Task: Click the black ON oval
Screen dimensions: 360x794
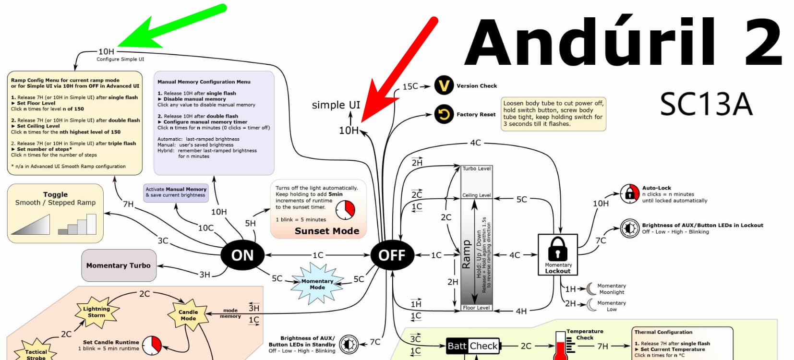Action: click(x=242, y=255)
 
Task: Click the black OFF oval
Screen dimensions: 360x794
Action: click(x=392, y=255)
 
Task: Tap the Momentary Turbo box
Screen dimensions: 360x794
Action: click(x=119, y=265)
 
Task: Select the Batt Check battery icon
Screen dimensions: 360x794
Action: click(x=473, y=346)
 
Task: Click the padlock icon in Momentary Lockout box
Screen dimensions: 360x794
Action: click(x=557, y=248)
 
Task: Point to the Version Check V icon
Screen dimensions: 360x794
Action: click(x=444, y=86)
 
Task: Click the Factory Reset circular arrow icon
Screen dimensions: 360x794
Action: click(x=444, y=114)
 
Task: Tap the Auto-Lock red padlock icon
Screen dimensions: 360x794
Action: click(x=629, y=193)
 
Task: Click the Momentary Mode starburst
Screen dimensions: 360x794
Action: click(x=317, y=284)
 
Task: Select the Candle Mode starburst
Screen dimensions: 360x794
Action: click(x=188, y=315)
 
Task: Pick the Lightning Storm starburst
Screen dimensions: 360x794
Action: click(x=96, y=312)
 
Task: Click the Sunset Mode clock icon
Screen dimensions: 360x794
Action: click(x=345, y=209)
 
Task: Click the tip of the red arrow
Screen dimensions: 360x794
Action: click(x=362, y=121)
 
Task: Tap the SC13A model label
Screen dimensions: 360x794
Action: click(x=706, y=104)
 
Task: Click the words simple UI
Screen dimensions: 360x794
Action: click(x=336, y=105)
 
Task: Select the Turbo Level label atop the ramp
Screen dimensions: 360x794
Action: click(x=477, y=168)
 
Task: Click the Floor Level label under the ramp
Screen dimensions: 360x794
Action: click(x=477, y=308)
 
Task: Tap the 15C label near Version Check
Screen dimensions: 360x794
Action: click(x=410, y=86)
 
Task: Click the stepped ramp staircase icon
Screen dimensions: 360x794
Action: click(x=77, y=225)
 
